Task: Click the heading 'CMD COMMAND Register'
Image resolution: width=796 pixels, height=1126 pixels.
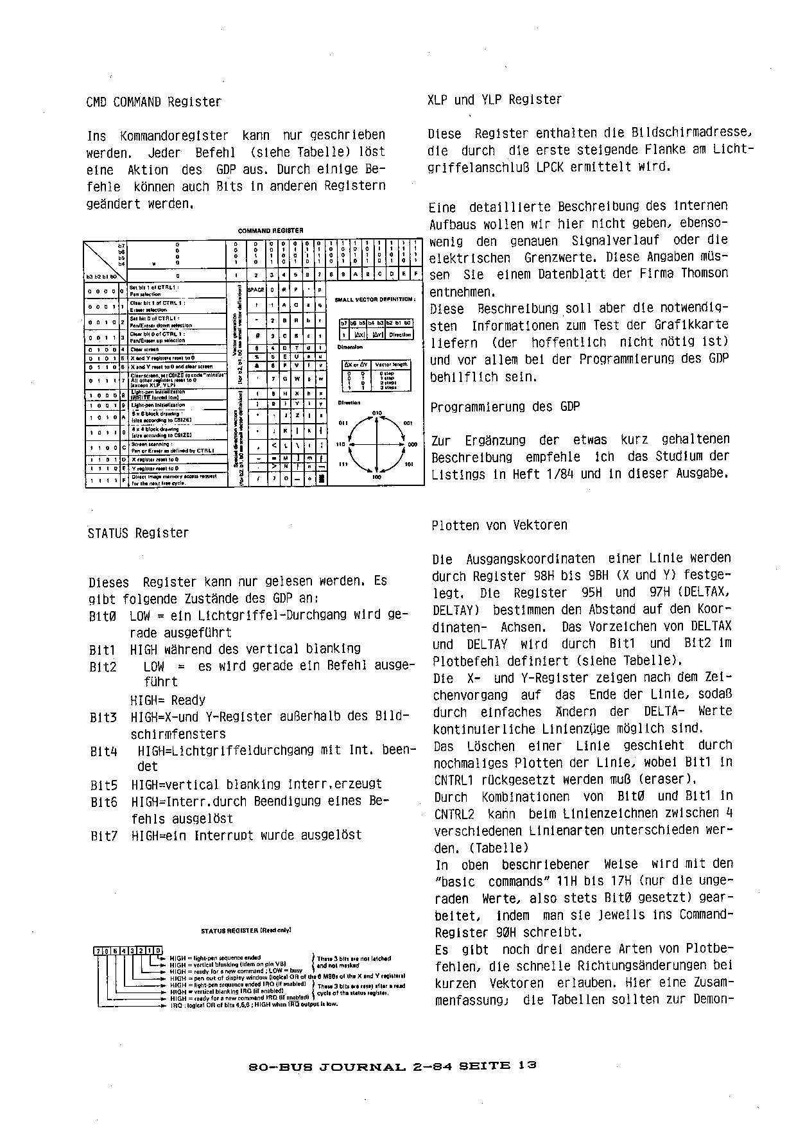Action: click(153, 102)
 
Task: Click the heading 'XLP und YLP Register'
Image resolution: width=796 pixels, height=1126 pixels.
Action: click(494, 100)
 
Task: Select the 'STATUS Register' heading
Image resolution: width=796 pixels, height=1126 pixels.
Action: click(138, 533)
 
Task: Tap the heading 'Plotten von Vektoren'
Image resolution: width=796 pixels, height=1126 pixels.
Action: click(499, 525)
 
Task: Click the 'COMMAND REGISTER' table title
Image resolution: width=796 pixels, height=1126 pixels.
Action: click(270, 230)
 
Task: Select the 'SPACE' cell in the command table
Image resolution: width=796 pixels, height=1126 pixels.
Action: click(256, 290)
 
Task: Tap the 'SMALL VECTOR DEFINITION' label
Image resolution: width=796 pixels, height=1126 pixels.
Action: click(375, 299)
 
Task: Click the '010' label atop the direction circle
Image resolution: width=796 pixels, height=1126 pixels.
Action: click(377, 413)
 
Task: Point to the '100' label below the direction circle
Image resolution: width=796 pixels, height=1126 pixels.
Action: click(376, 478)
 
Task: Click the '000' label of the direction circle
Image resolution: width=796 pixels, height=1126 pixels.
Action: click(412, 444)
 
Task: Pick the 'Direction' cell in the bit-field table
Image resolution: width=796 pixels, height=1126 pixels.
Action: click(400, 334)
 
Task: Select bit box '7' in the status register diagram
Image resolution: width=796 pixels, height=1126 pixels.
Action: click(98, 951)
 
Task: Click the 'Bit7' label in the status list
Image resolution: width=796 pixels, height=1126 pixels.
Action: click(104, 836)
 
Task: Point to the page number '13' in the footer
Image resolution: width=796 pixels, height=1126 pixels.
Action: click(528, 1065)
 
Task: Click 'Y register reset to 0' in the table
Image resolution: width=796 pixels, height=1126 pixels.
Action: click(155, 469)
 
